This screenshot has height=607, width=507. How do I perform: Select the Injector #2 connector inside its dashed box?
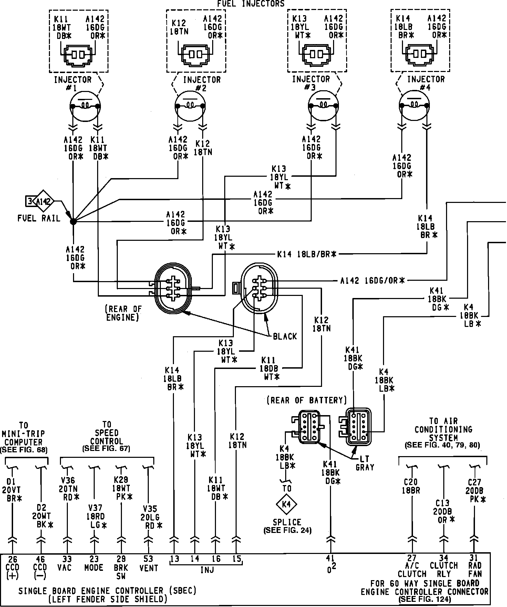[195, 54]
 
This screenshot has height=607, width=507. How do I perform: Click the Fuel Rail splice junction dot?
[73, 221]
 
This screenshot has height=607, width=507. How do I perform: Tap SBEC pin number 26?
[12, 559]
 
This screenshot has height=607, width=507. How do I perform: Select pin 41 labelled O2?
[330, 558]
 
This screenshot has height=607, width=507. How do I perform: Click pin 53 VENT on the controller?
[148, 559]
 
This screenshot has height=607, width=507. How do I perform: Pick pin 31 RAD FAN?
[475, 558]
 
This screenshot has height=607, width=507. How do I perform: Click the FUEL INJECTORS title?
[251, 4]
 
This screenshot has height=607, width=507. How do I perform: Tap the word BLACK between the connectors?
[285, 336]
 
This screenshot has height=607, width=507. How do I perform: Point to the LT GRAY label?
[364, 463]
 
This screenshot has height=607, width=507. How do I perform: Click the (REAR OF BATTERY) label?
[307, 400]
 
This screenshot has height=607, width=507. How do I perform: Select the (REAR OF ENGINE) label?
[124, 313]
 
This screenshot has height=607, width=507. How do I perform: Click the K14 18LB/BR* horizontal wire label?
[307, 255]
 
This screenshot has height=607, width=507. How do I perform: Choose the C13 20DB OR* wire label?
[444, 511]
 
